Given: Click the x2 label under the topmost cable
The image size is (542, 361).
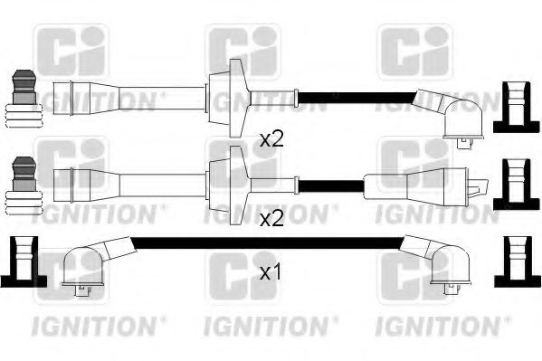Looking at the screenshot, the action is click(271, 139).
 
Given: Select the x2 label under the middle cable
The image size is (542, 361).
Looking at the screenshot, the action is click(271, 219).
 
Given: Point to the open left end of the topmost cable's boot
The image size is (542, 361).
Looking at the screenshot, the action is click(57, 93).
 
